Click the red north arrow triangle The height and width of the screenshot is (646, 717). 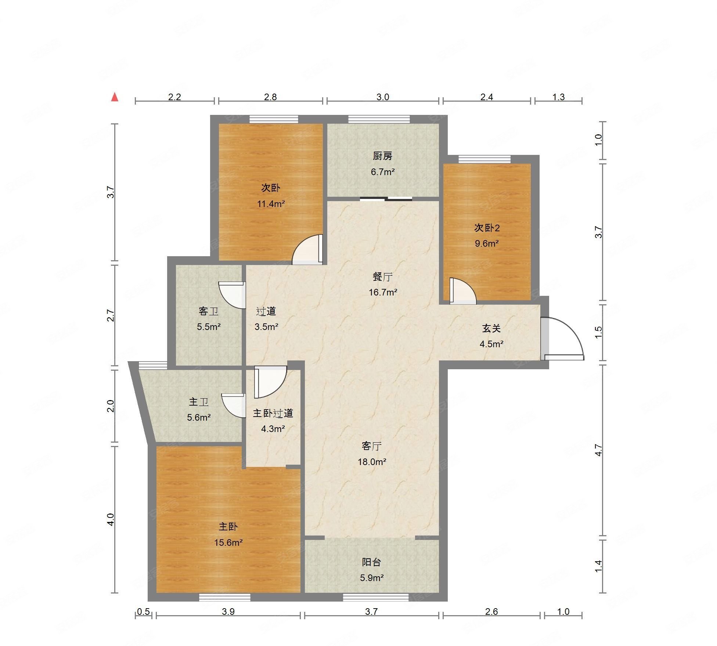(x=115, y=97)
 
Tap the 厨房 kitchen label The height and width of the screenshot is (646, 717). (x=382, y=156)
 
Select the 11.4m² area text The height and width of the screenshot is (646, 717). (x=271, y=204)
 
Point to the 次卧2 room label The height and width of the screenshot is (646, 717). (x=487, y=228)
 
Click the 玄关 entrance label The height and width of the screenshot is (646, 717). (x=491, y=329)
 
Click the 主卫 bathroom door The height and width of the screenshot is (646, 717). (x=234, y=406)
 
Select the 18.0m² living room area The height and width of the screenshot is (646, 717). (x=372, y=462)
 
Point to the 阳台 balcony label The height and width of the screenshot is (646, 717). (x=371, y=562)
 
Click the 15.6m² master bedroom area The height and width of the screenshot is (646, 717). (x=228, y=542)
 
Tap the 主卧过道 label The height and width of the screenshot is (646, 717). (x=273, y=413)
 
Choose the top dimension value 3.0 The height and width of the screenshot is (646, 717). (x=382, y=97)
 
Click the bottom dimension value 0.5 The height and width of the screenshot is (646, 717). (x=144, y=611)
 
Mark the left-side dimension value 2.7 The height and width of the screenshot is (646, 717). (x=111, y=316)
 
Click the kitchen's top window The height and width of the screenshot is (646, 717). (x=379, y=119)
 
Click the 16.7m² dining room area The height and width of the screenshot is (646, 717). (x=383, y=293)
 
